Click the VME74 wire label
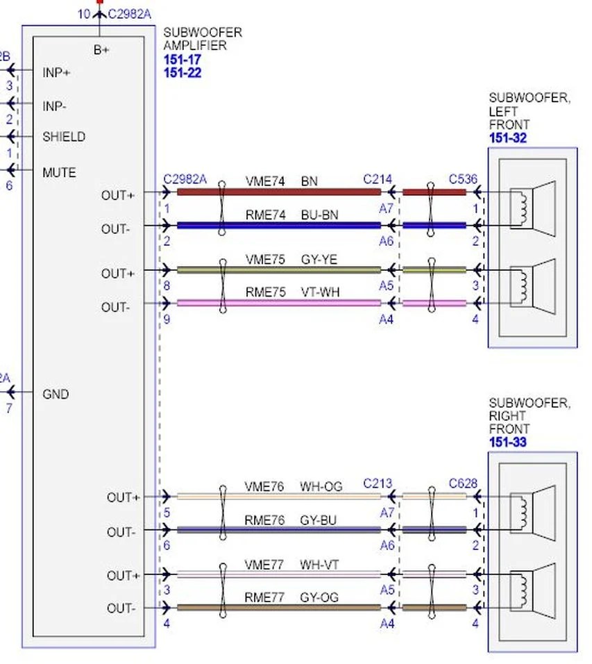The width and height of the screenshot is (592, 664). (265, 181)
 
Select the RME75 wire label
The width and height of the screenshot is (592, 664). (265, 292)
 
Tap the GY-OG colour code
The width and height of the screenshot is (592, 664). (319, 597)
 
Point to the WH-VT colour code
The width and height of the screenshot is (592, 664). (319, 565)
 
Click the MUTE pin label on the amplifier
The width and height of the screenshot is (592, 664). (59, 172)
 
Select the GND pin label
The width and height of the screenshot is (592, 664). (56, 394)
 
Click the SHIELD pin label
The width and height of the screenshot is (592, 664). (64, 137)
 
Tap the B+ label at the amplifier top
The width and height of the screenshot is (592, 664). (101, 50)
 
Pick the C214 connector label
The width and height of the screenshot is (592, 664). (378, 179)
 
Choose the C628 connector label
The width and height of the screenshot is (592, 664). (463, 483)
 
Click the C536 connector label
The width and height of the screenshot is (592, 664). (463, 179)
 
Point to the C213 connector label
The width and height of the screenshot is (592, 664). (378, 483)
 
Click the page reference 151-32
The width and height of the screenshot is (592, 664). (508, 138)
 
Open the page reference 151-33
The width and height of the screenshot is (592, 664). (508, 442)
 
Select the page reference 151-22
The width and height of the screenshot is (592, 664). (183, 73)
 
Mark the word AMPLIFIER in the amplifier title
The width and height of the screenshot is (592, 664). (195, 46)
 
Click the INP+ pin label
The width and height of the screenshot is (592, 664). (56, 72)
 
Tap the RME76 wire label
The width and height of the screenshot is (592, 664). (264, 520)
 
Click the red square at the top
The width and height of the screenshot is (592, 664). (100, 1)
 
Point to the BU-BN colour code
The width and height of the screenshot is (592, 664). (319, 215)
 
